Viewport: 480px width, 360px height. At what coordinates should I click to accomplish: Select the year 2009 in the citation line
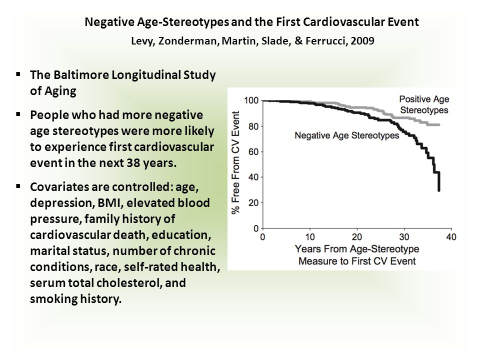(362, 40)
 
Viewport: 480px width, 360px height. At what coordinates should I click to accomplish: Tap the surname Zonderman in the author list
(188, 41)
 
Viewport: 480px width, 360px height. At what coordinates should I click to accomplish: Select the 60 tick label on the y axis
(253, 151)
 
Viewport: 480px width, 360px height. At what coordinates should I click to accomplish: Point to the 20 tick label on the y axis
(253, 202)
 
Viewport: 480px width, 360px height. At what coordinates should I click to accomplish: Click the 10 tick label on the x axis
(310, 237)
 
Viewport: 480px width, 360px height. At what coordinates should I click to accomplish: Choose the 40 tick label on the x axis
(451, 237)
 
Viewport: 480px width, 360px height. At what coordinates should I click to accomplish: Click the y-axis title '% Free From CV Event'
(235, 162)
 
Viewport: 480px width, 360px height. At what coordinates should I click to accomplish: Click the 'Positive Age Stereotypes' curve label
(424, 104)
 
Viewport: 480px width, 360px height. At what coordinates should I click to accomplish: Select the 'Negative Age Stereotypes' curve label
(347, 135)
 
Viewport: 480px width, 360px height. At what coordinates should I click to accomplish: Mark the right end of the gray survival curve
(439, 124)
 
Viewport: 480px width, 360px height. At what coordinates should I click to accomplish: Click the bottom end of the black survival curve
(439, 190)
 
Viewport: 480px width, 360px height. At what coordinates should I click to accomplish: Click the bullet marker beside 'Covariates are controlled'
(18, 185)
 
